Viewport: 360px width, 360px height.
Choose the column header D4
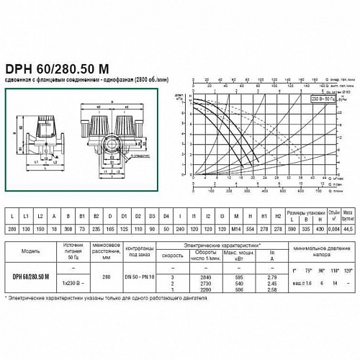click(166, 215)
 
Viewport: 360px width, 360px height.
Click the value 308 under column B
click(69, 228)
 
